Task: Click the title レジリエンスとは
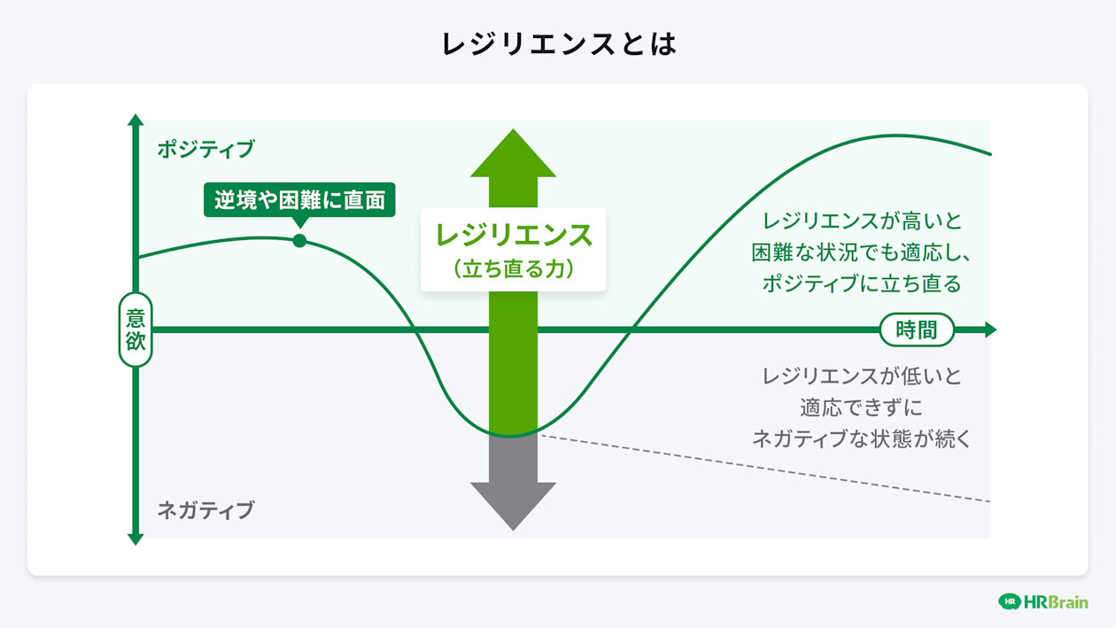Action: pos(558,44)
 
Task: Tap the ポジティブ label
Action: pos(205,149)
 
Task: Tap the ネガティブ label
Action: pos(205,510)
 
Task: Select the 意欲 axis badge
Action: pos(136,330)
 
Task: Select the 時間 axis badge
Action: pos(917,330)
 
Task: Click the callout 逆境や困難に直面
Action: pos(299,200)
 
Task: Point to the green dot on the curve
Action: pos(299,241)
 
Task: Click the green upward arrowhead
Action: pos(513,155)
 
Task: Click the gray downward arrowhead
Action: pos(513,505)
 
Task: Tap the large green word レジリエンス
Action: pos(513,236)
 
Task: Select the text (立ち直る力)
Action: pos(513,268)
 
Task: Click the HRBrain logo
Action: pos(1042,601)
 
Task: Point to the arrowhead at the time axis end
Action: pos(990,330)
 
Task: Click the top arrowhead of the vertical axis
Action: pos(136,120)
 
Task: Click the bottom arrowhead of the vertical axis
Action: pos(136,538)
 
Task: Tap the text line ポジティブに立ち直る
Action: pos(861,283)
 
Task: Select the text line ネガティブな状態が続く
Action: pos(861,438)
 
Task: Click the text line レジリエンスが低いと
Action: pos(861,376)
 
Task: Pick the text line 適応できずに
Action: pos(861,407)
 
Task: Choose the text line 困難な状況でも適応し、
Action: pos(861,252)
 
